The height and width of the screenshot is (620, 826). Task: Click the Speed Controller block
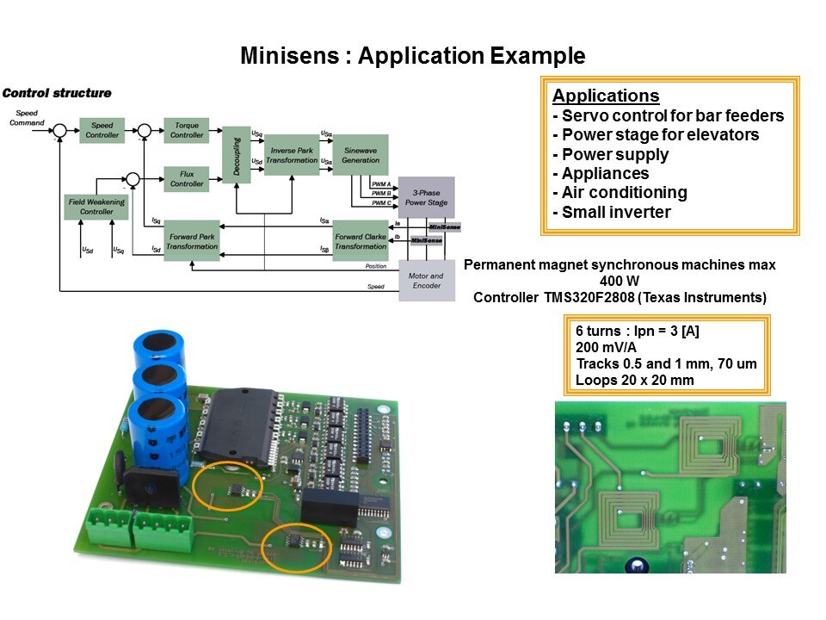[x=102, y=130]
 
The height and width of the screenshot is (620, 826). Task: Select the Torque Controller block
[x=187, y=130]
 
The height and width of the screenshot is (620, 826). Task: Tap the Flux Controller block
[x=187, y=179]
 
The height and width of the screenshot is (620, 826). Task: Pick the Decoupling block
[x=236, y=155]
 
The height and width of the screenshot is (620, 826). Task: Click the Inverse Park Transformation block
[x=292, y=155]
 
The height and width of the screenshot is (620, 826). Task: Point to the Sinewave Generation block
[x=360, y=155]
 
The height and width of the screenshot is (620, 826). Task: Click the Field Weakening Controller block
[x=96, y=207]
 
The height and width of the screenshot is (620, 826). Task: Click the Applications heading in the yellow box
[x=606, y=96]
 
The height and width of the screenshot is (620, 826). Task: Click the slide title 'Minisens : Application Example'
[x=413, y=57]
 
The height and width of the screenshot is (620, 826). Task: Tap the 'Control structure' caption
[x=57, y=93]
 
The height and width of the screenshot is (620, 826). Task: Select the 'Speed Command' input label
[x=27, y=118]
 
